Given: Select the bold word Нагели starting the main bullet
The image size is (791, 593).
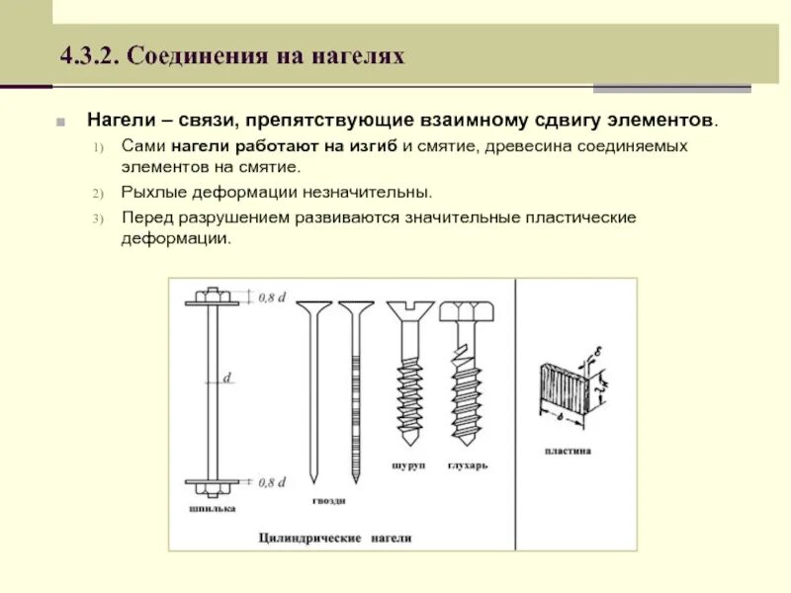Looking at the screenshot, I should click(119, 121).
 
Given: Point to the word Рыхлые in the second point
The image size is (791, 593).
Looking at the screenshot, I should click(152, 191).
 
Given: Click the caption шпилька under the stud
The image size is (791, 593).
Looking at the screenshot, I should click(211, 509).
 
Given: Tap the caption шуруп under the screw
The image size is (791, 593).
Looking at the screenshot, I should click(408, 465).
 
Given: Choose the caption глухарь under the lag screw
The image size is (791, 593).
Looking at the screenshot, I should click(467, 465).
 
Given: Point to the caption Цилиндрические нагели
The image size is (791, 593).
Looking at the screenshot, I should click(334, 539).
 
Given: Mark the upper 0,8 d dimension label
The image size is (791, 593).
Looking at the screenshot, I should click(272, 296).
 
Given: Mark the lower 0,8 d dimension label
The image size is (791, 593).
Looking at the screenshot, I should click(272, 482).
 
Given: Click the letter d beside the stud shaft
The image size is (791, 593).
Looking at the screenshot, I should click(228, 378).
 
